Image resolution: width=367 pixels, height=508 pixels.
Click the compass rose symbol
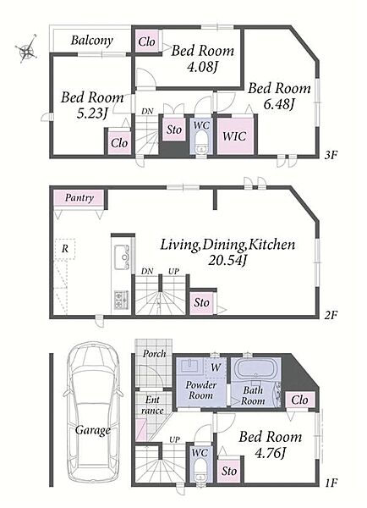(x=26, y=49)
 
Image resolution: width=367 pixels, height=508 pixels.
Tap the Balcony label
(x=92, y=40)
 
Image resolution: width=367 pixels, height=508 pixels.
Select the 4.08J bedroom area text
(x=202, y=67)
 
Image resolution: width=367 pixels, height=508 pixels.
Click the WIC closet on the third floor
(x=234, y=135)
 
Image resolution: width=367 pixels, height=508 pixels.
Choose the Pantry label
(x=79, y=197)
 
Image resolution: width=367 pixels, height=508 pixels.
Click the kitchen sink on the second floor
(x=122, y=257)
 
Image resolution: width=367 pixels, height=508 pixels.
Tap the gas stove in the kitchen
(x=121, y=300)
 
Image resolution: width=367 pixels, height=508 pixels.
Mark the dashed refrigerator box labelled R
(x=65, y=249)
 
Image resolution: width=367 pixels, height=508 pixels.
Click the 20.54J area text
(x=227, y=260)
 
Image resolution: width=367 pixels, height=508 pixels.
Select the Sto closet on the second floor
(x=201, y=303)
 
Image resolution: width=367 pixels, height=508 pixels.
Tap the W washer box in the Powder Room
(x=216, y=367)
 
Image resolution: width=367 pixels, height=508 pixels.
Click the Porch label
(x=154, y=353)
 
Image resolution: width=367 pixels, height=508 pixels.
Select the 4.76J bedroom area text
(x=271, y=453)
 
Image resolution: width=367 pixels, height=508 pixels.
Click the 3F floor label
(x=331, y=155)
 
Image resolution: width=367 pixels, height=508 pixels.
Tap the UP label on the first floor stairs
(x=174, y=440)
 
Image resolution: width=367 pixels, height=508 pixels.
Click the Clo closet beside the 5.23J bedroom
(x=119, y=143)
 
